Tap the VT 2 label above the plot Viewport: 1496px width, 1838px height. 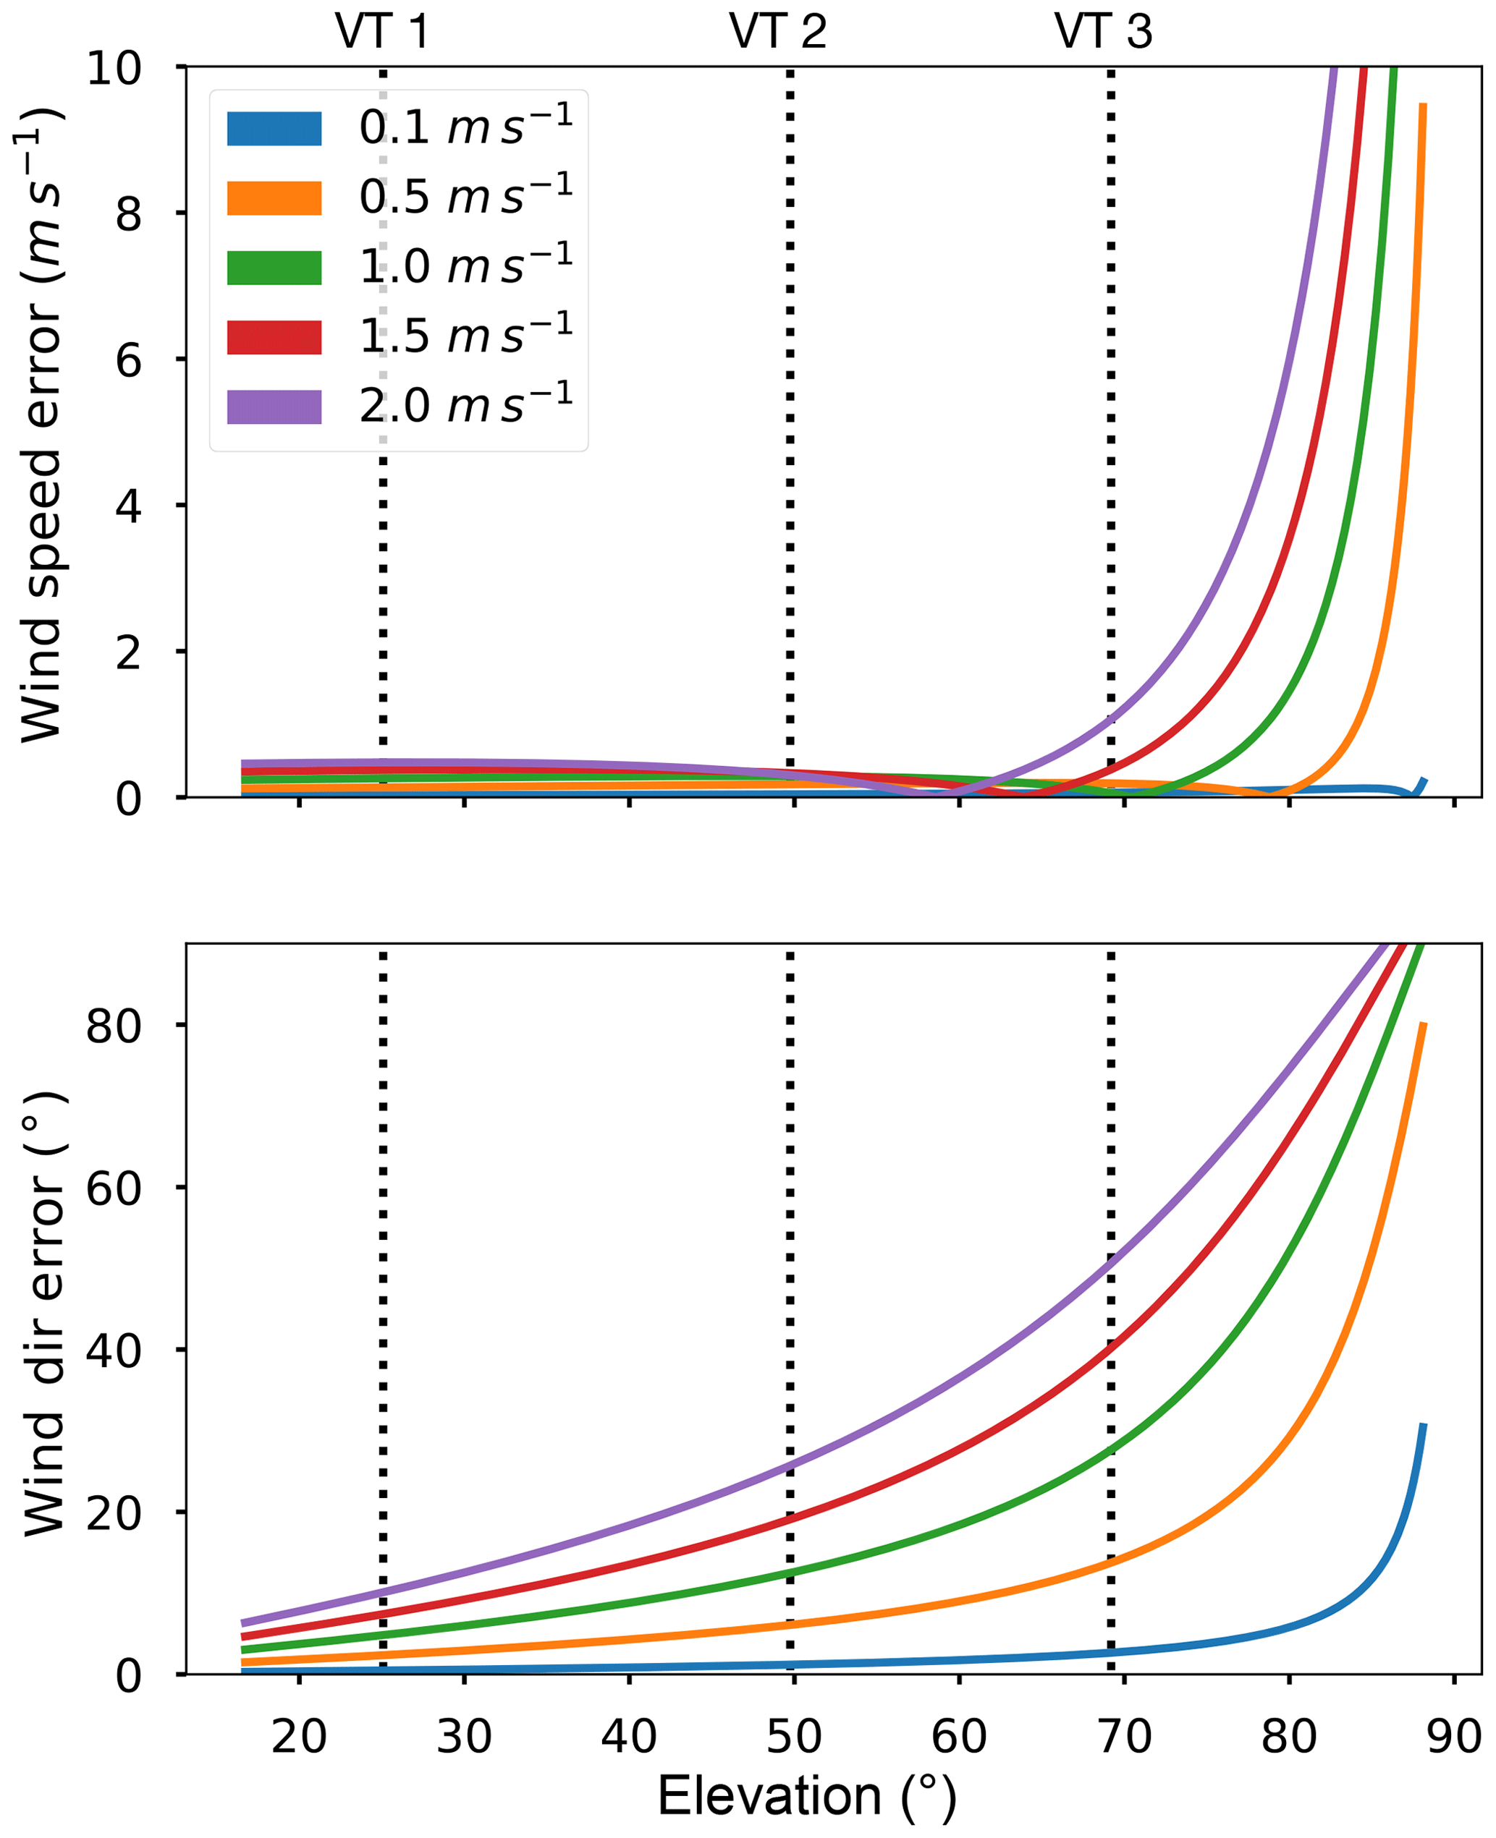pos(777,32)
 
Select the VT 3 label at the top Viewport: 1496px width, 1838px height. pos(1103,32)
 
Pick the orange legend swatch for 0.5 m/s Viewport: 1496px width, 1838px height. pos(274,198)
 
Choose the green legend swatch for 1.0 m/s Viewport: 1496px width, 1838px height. pos(274,268)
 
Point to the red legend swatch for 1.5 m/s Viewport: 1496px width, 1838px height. pos(274,338)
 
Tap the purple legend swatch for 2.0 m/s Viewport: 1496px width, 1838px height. pos(274,407)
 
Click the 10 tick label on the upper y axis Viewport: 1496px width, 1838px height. pos(114,67)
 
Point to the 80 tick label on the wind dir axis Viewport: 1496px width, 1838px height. pos(114,1026)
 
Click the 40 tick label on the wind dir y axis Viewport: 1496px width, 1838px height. pos(114,1350)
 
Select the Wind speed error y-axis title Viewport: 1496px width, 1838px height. pos(41,424)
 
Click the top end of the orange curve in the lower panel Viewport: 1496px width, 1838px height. pos(1424,1025)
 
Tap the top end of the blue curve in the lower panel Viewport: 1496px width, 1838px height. pos(1424,1426)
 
